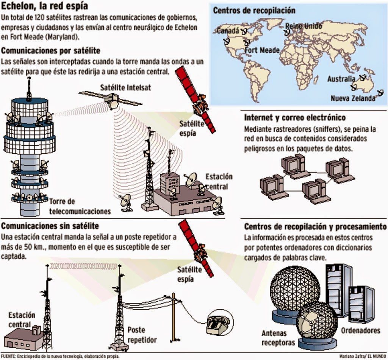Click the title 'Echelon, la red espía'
pos(45,6)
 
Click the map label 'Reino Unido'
pos(304,26)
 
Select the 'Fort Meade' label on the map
pos(262,50)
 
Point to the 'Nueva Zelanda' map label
pos(353,98)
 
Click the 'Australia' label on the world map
pos(341,79)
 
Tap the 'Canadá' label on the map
pos(228,30)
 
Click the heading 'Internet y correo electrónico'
pos(295,118)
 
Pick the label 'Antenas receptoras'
pos(278,338)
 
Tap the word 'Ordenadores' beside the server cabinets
pos(360,330)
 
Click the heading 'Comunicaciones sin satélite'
pos(50,226)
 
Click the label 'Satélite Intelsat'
pos(125,87)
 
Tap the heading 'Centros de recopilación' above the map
pos(254,10)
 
